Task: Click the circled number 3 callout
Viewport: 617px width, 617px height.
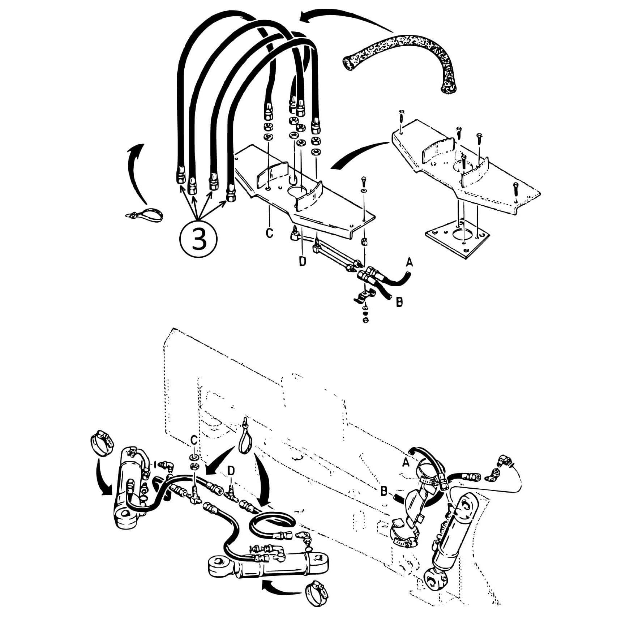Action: tap(198, 239)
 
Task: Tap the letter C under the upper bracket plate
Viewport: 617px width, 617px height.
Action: tap(270, 233)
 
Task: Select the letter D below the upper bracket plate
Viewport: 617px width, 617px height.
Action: tap(303, 261)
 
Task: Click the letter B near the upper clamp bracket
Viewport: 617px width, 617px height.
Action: tap(399, 302)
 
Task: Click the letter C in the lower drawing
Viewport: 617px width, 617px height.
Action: tap(194, 440)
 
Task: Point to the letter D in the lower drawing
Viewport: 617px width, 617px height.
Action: tap(231, 471)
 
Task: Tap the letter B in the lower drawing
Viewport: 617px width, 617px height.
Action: tap(384, 491)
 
